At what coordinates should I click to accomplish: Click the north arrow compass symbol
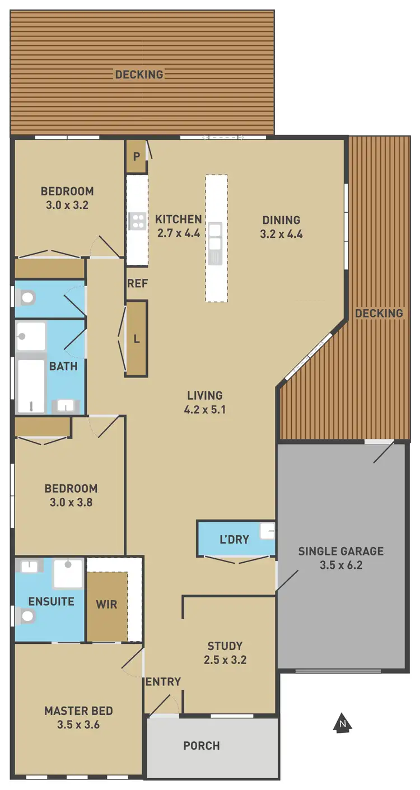[342, 723]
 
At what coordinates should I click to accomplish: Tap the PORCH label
[202, 746]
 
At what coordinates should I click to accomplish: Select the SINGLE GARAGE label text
[340, 551]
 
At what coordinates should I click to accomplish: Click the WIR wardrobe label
[106, 605]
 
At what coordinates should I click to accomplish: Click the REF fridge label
[137, 284]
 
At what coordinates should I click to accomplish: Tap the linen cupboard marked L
[136, 338]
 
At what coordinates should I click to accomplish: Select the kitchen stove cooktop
[137, 221]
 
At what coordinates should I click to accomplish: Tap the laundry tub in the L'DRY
[267, 531]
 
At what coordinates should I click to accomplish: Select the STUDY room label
[225, 646]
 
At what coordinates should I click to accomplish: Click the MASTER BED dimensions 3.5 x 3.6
[78, 725]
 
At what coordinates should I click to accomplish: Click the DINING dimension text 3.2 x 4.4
[281, 235]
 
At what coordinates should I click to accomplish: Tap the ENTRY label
[163, 681]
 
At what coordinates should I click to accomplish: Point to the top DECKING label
[139, 74]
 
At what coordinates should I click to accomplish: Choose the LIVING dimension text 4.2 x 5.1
[204, 409]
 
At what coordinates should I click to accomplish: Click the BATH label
[63, 367]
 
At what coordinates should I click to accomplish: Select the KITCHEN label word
[178, 219]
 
